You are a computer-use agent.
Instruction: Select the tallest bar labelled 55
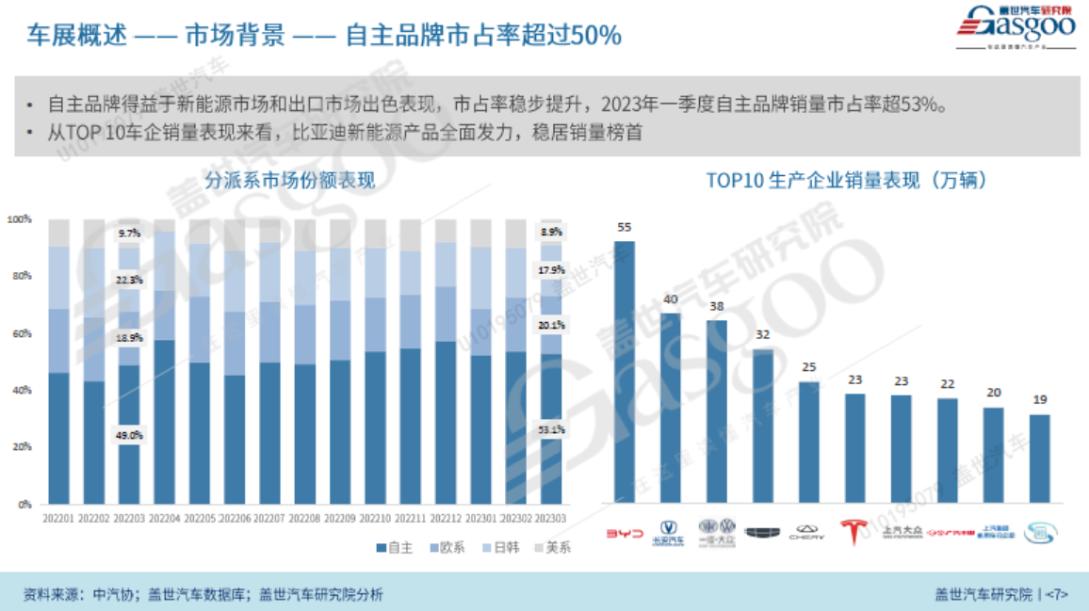pyautogui.click(x=624, y=371)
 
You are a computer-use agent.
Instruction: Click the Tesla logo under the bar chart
pyautogui.click(x=854, y=532)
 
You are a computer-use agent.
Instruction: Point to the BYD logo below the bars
pyautogui.click(x=624, y=533)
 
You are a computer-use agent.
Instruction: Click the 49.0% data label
pyautogui.click(x=129, y=435)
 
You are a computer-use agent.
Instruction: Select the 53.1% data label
pyautogui.click(x=552, y=429)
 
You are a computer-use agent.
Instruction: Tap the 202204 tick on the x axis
pyautogui.click(x=164, y=518)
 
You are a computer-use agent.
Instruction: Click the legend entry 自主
pyautogui.click(x=394, y=547)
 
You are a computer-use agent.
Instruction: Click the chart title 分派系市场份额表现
pyautogui.click(x=290, y=180)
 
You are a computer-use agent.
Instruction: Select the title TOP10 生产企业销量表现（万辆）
pyautogui.click(x=847, y=180)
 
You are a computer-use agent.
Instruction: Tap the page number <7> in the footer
pyautogui.click(x=1056, y=594)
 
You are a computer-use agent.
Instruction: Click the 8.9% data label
pyautogui.click(x=552, y=232)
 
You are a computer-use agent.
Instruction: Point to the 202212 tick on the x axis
pyautogui.click(x=446, y=518)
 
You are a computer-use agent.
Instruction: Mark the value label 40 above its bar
pyautogui.click(x=670, y=299)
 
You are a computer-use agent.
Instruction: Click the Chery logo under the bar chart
pyautogui.click(x=807, y=533)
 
